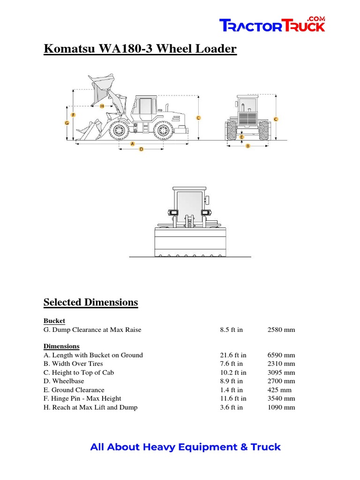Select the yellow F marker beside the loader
tap(73, 115)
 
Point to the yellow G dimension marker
tap(67, 123)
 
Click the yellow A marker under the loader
tap(133, 143)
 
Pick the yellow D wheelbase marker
tap(141, 149)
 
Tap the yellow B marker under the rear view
tap(248, 146)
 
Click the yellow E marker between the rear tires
tap(242, 137)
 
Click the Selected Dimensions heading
tap(90, 302)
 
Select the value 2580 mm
tap(281, 330)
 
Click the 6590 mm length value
tap(281, 355)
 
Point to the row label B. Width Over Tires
tap(73, 364)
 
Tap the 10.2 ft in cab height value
tap(233, 373)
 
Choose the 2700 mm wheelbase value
tap(281, 381)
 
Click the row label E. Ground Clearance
tap(74, 390)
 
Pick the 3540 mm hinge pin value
tap(281, 398)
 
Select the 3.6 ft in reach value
tap(231, 407)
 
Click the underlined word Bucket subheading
tap(54, 321)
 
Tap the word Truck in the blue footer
tap(266, 447)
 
